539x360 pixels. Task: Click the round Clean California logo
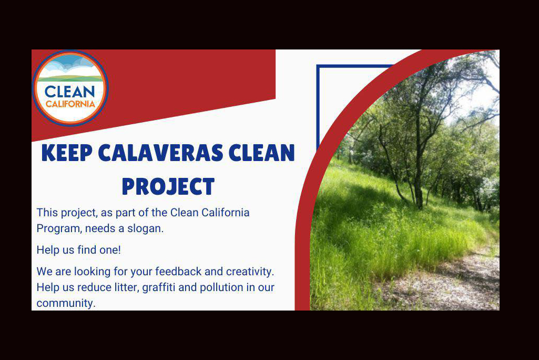coord(70,88)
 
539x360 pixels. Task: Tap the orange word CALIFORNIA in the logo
coord(70,104)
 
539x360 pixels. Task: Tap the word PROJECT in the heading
coord(168,186)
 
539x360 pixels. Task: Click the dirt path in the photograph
coord(447,282)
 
